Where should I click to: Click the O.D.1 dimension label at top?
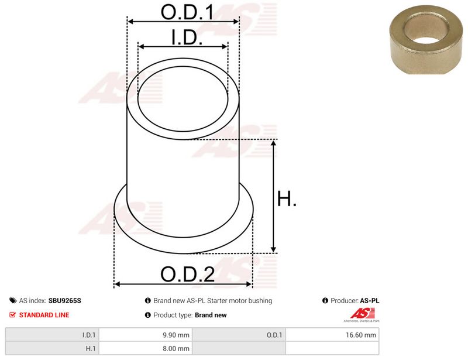click(x=187, y=12)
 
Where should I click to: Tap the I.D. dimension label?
click(x=187, y=37)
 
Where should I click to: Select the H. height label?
click(x=287, y=198)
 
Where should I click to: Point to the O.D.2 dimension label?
click(x=187, y=275)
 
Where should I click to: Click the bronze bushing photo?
click(x=426, y=39)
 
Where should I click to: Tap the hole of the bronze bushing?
click(x=426, y=30)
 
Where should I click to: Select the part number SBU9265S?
click(x=64, y=300)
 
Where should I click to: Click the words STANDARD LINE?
click(x=44, y=315)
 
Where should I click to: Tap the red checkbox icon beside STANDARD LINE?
click(x=12, y=314)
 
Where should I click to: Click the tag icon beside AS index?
click(x=13, y=300)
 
